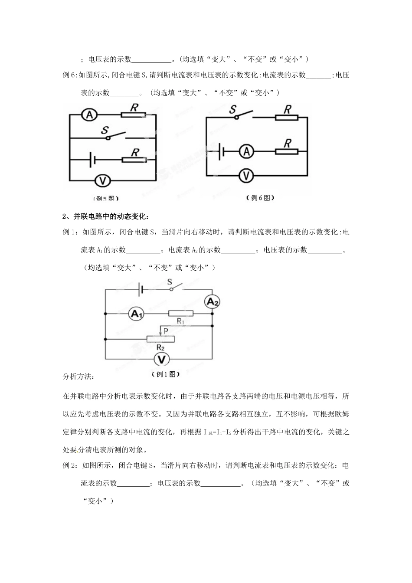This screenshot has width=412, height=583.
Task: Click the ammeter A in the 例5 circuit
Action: pyautogui.click(x=89, y=115)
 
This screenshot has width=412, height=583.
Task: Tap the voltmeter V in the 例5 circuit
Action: pyautogui.click(x=101, y=180)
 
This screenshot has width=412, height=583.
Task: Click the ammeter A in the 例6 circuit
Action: pyautogui.click(x=247, y=151)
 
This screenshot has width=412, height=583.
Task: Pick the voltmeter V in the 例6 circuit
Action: pyautogui.click(x=247, y=175)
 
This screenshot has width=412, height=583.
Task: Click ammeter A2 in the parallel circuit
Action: pyautogui.click(x=212, y=301)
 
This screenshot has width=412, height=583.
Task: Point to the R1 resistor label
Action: pyautogui.click(x=181, y=321)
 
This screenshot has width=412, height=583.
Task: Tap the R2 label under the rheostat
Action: pyautogui.click(x=160, y=347)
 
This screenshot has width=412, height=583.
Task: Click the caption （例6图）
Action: pyautogui.click(x=260, y=197)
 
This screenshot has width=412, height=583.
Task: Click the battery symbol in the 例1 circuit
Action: pyautogui.click(x=140, y=290)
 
